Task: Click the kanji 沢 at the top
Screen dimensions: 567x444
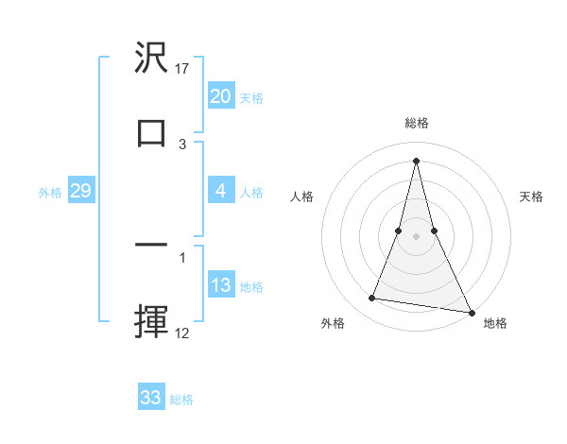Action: click(x=151, y=60)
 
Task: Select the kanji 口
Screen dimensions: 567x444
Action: click(x=151, y=132)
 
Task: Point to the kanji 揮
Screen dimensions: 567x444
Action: click(x=151, y=319)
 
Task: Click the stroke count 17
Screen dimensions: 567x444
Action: click(x=183, y=69)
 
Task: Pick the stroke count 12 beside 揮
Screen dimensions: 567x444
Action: click(x=183, y=333)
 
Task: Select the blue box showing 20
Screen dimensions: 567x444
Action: click(x=220, y=96)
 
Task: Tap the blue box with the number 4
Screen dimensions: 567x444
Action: click(x=220, y=191)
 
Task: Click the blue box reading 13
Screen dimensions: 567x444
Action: click(x=220, y=285)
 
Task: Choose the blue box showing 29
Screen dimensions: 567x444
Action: click(x=80, y=191)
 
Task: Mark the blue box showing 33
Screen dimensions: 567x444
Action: click(x=151, y=398)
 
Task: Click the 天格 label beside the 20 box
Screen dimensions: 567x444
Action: click(x=251, y=98)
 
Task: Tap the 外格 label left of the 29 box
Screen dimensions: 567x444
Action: click(x=50, y=193)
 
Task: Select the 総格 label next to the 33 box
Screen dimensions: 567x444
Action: click(x=181, y=400)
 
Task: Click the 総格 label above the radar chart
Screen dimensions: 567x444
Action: click(x=416, y=123)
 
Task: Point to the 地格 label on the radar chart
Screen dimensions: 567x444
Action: click(x=495, y=323)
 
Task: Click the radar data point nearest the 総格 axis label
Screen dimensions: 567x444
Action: click(x=416, y=160)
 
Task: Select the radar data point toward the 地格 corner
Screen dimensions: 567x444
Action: click(x=472, y=312)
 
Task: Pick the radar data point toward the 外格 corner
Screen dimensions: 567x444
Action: click(x=371, y=299)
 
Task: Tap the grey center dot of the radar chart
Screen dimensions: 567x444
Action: click(x=416, y=236)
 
